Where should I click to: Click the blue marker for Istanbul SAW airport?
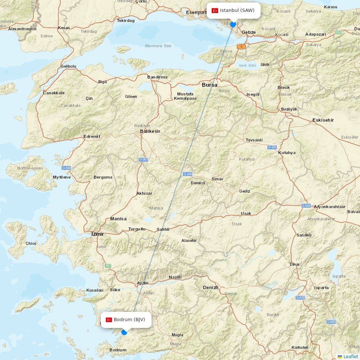[x=233, y=24]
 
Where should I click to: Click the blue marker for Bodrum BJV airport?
[x=124, y=332]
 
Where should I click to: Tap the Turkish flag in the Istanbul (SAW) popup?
[x=215, y=10]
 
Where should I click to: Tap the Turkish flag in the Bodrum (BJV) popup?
[x=109, y=320]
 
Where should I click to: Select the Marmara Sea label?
[x=158, y=46]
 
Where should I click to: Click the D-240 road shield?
[x=188, y=174]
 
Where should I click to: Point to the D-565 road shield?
[x=143, y=159]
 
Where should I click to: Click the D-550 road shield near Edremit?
[x=66, y=168]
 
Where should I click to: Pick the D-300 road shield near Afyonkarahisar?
[x=306, y=206]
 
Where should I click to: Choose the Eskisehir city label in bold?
[x=323, y=120]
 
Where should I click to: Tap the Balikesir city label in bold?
[x=150, y=131]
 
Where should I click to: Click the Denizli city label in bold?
[x=211, y=287]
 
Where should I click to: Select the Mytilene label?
[x=62, y=177]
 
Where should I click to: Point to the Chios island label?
[x=31, y=243]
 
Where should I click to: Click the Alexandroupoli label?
[x=22, y=28]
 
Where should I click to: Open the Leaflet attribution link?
[x=350, y=356]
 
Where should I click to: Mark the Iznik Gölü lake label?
[x=247, y=66]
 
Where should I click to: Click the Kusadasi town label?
[x=95, y=290]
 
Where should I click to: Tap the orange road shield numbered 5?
[x=241, y=47]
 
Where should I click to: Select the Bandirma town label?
[x=157, y=77]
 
